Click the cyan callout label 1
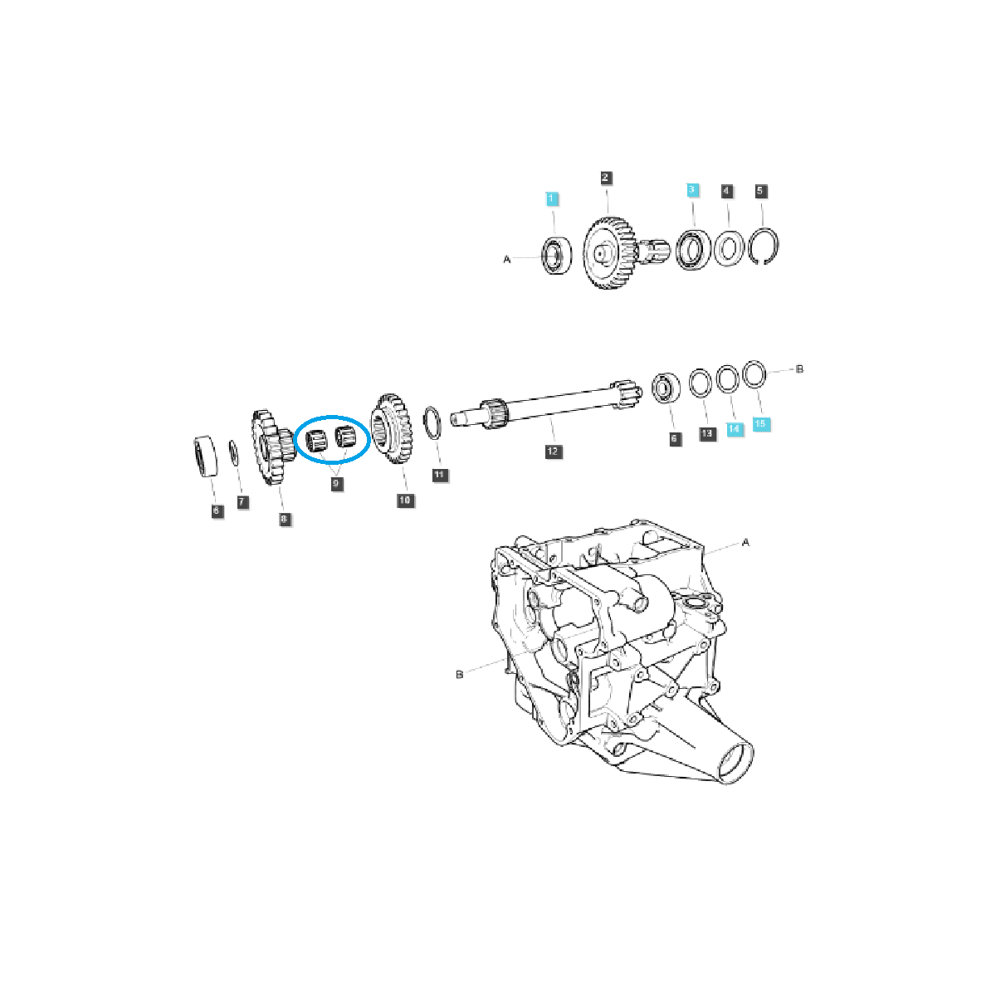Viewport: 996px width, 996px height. (553, 199)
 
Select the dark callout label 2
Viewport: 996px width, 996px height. (606, 178)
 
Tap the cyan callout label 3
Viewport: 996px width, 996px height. (692, 191)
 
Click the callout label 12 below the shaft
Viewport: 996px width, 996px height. (553, 452)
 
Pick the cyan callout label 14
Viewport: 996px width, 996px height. (734, 429)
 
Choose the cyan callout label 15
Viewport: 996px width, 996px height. (761, 424)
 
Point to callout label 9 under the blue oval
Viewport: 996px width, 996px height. (336, 484)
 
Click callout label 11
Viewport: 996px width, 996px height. (440, 475)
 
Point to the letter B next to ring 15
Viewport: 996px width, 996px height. (799, 369)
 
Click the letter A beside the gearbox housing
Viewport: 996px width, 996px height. (745, 543)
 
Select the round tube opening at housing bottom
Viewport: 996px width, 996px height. (735, 763)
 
